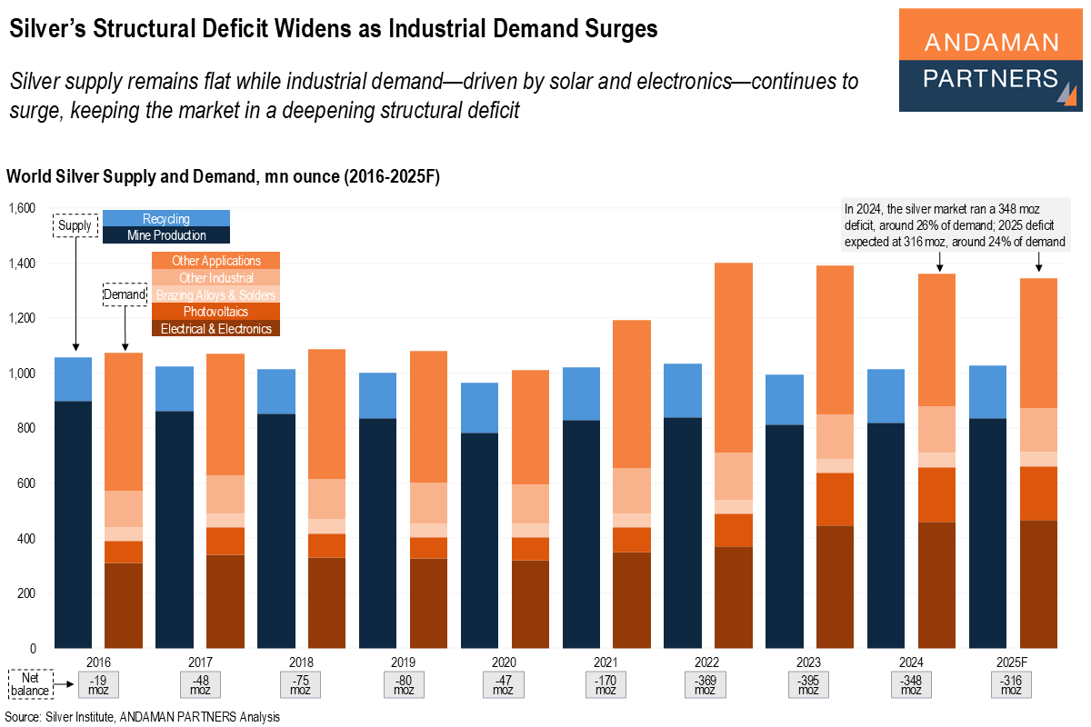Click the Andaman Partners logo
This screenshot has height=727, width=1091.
[x=990, y=60]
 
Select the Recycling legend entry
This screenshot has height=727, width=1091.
[x=166, y=218]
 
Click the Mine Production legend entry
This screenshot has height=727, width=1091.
[x=166, y=235]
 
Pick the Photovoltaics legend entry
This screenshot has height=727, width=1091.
[x=215, y=312]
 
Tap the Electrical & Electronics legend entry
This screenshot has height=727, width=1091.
[x=215, y=328]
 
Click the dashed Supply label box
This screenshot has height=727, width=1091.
[x=75, y=224]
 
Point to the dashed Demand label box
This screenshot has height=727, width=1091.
[x=125, y=294]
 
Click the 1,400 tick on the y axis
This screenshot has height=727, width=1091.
[x=22, y=264]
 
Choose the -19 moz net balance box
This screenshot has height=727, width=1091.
[x=98, y=685]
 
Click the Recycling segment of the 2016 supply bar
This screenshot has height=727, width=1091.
[x=73, y=379]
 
